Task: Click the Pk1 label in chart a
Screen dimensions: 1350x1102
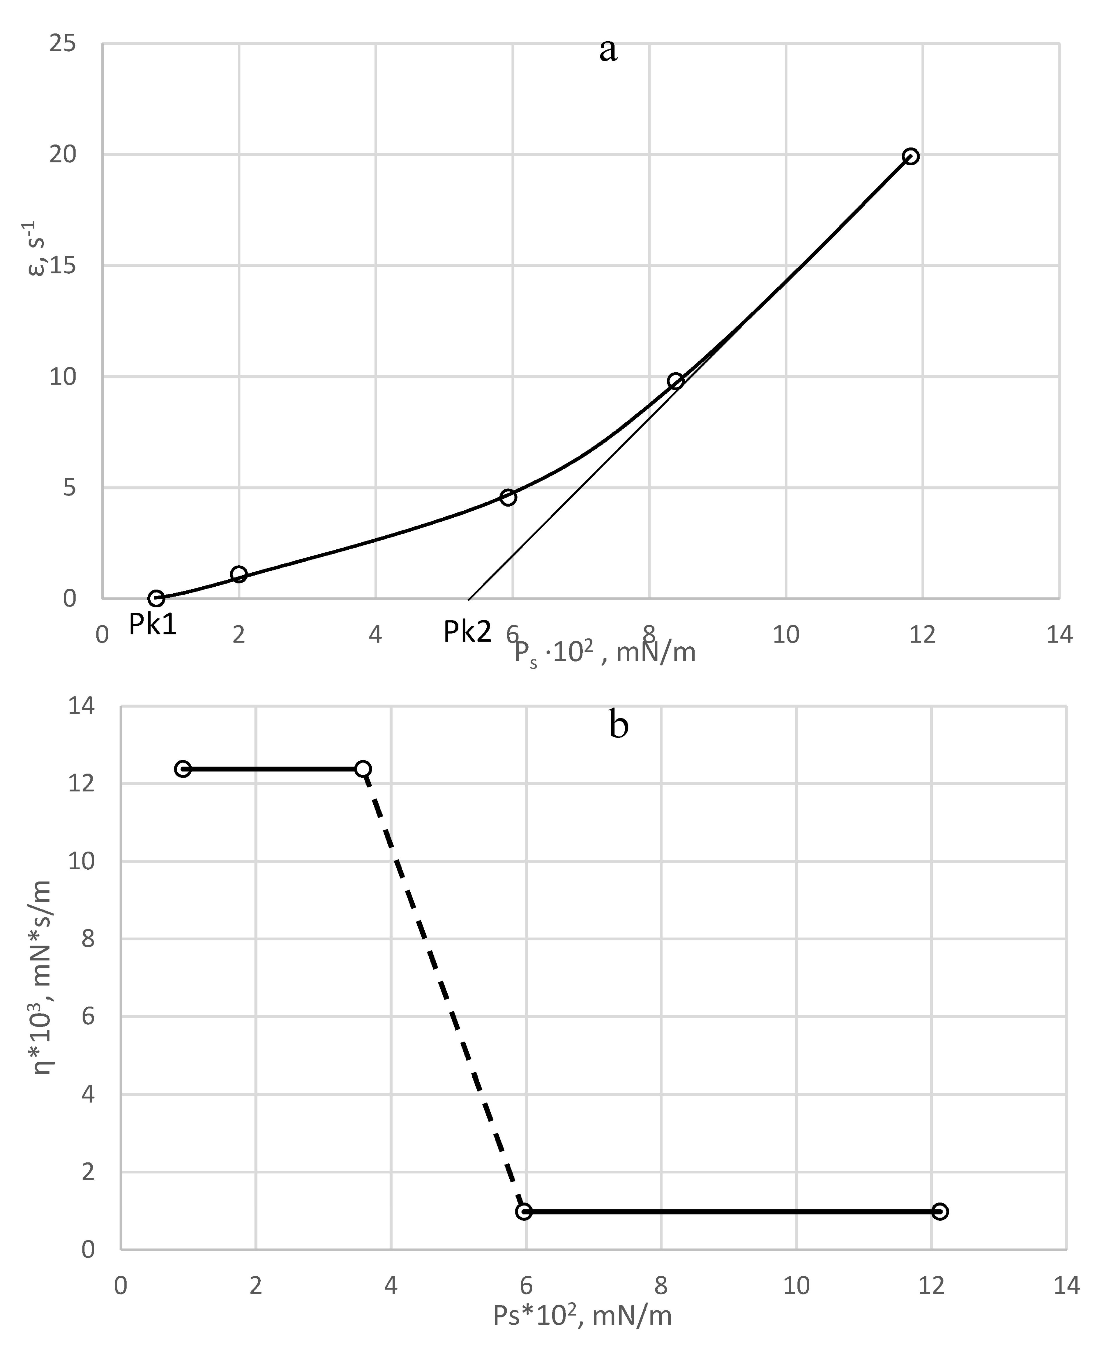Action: (152, 624)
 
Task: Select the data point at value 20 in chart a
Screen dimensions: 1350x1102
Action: (910, 156)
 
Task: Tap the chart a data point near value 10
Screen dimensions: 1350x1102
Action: (675, 381)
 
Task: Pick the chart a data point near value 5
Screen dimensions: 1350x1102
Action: (508, 497)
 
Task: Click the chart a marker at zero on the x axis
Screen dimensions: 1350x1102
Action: (156, 598)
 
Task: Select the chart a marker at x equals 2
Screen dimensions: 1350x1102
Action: (239, 574)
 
